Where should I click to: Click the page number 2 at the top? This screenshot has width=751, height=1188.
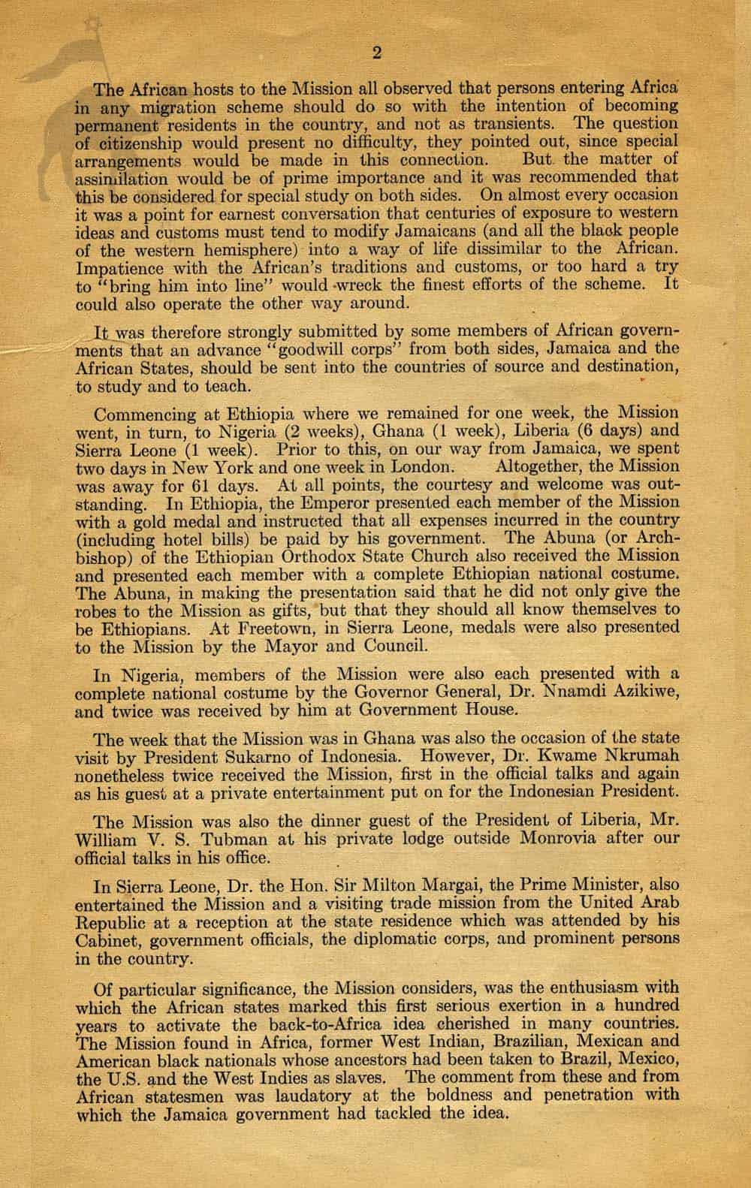[378, 53]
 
